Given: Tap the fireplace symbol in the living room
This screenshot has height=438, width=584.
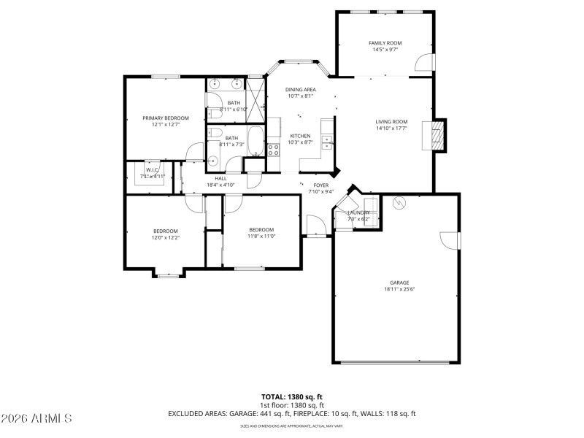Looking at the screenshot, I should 436,135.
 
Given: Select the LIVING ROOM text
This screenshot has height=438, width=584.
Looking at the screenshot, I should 391,122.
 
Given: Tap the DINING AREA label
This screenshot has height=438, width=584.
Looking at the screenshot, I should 300,89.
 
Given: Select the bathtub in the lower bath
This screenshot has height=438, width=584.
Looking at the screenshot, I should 255,141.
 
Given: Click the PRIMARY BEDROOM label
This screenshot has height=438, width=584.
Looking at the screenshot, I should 166,118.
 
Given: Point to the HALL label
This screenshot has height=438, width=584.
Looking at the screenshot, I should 220,178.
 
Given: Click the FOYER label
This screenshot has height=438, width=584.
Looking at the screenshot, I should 320,185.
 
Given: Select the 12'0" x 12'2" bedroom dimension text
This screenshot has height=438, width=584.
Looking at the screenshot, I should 166,238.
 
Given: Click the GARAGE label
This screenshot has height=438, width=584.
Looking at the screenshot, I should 399,283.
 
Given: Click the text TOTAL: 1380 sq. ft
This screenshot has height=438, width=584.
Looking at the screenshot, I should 292,396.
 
